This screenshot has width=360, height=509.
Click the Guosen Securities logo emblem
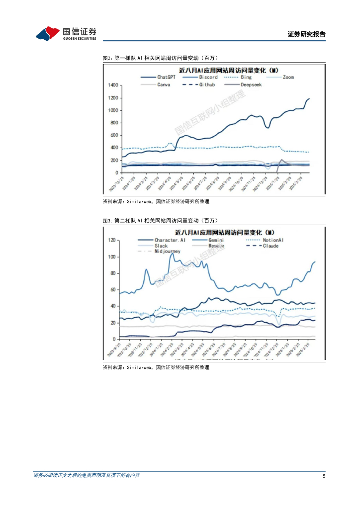tap(48, 33)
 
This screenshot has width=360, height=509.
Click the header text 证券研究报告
tap(306, 34)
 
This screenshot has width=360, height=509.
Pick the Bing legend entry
tap(246, 78)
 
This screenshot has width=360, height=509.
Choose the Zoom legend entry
tap(288, 78)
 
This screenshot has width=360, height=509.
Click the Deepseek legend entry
tap(251, 85)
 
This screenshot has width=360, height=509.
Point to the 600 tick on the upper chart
tap(114, 135)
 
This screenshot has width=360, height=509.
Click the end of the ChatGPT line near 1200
tap(309, 98)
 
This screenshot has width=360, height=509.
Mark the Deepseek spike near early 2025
tap(282, 160)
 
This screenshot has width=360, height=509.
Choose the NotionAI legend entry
tap(273, 240)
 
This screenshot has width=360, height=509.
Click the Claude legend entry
tap(270, 246)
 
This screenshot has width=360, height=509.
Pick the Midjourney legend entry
tap(167, 252)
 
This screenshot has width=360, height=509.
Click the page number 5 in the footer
tap(324, 476)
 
